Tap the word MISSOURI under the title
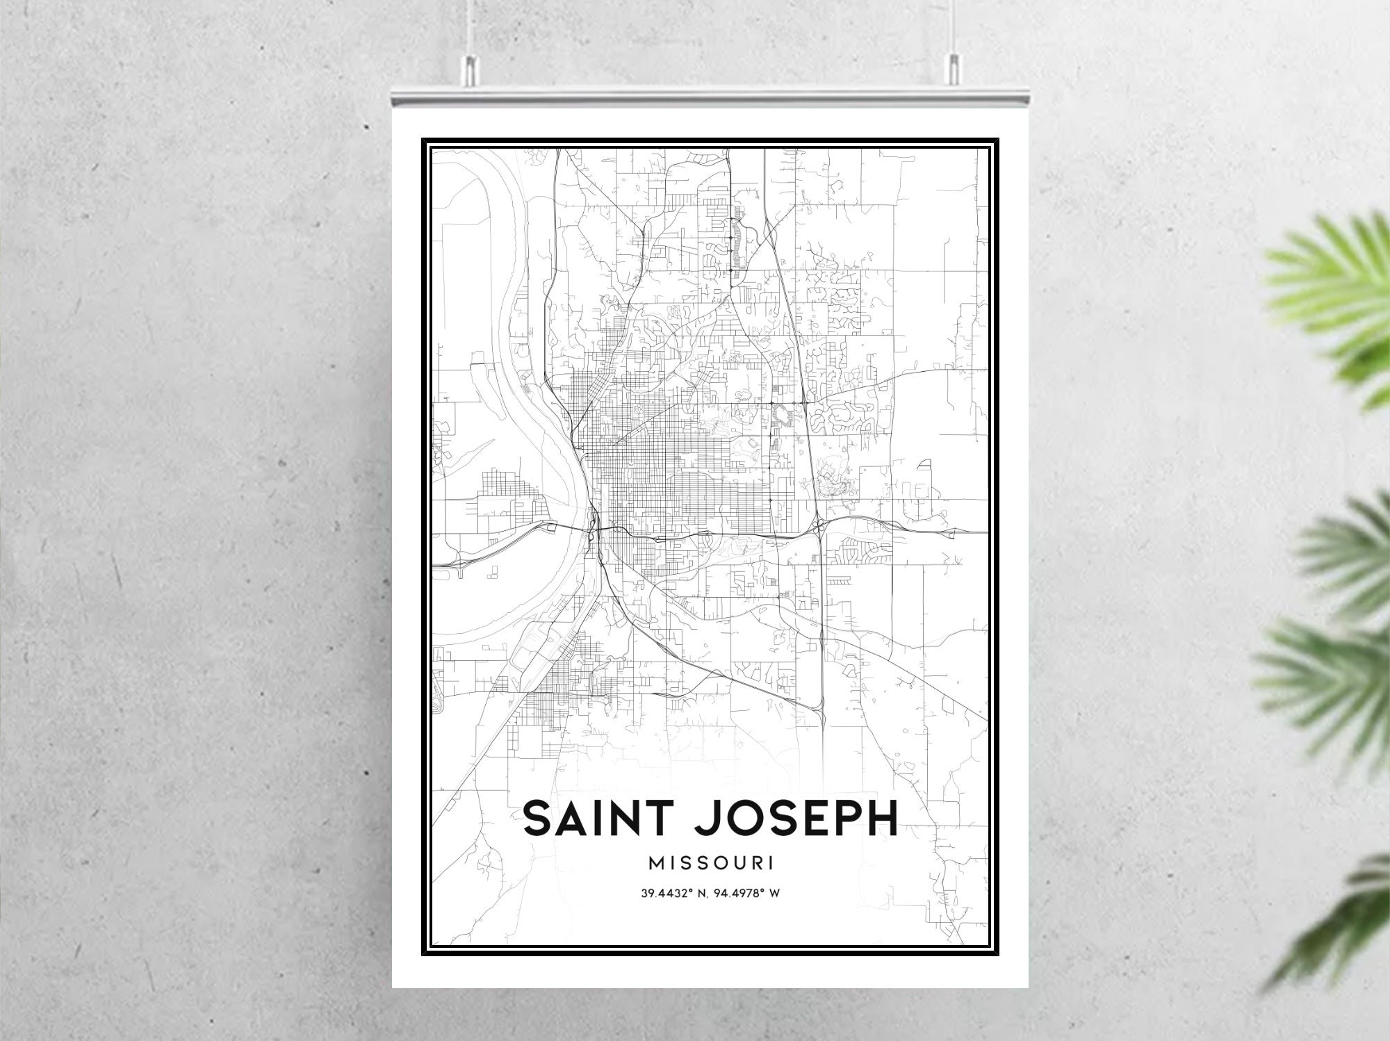711,863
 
